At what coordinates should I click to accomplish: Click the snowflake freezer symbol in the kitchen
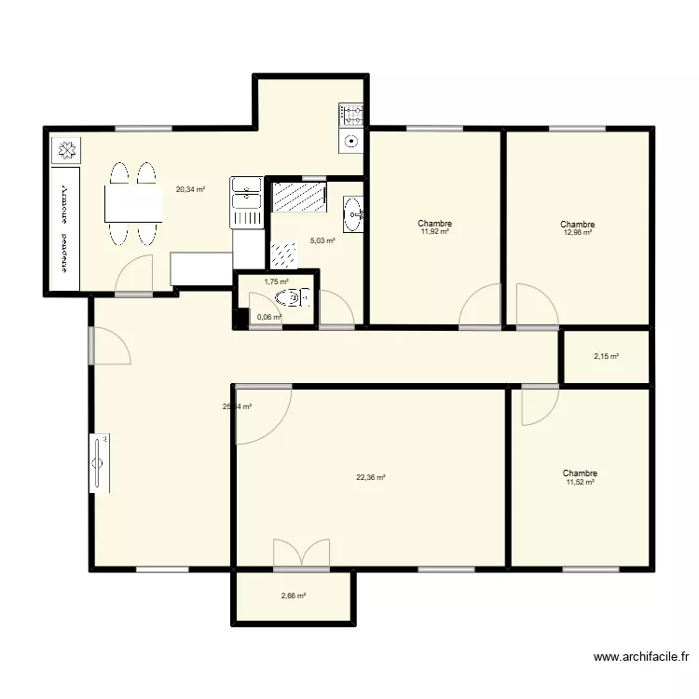click(x=66, y=150)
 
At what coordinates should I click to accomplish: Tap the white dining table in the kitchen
click(x=133, y=203)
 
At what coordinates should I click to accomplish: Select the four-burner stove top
click(x=351, y=116)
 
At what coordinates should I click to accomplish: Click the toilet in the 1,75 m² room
click(x=290, y=298)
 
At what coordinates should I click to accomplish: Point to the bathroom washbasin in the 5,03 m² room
click(x=352, y=213)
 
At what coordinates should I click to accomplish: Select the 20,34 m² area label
click(x=190, y=189)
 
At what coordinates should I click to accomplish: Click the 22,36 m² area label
click(x=370, y=477)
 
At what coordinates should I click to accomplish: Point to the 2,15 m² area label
click(x=606, y=356)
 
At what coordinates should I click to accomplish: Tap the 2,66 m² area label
click(x=293, y=596)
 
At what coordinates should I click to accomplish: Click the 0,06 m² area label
click(x=269, y=317)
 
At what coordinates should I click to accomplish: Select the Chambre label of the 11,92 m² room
click(x=435, y=224)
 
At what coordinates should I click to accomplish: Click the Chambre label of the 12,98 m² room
click(x=578, y=225)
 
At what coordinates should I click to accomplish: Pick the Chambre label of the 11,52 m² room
click(x=580, y=473)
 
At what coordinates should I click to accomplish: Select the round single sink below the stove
click(x=351, y=142)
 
